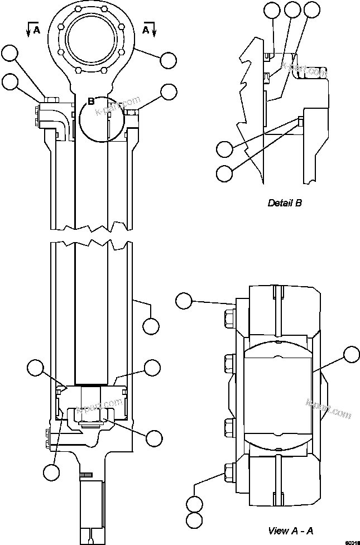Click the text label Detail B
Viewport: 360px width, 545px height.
pyautogui.click(x=285, y=203)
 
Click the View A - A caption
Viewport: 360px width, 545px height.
pyautogui.click(x=290, y=530)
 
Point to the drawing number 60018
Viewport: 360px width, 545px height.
pyautogui.click(x=351, y=541)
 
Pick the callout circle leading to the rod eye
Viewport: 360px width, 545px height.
pyautogui.click(x=167, y=59)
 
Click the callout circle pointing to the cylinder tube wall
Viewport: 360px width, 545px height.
pyautogui.click(x=152, y=325)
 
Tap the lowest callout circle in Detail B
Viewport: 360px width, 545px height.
pyautogui.click(x=224, y=173)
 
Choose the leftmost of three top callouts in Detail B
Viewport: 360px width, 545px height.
pyautogui.click(x=272, y=9)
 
